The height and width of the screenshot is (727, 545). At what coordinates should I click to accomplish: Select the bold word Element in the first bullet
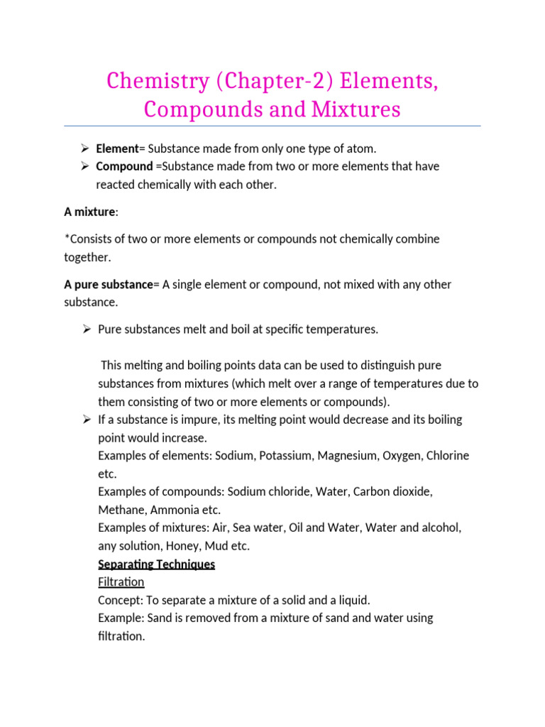117,148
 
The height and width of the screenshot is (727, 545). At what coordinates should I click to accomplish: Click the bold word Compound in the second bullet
124,166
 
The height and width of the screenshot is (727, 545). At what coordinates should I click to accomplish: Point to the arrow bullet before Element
84,148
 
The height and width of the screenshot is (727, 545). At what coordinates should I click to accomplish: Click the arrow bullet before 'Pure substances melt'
84,329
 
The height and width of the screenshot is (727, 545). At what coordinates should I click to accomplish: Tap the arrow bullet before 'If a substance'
84,420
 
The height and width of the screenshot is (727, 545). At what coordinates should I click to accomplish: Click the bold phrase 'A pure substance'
109,284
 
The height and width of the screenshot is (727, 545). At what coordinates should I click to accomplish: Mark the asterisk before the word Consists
66,238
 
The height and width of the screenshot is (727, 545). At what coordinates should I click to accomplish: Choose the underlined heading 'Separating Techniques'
156,564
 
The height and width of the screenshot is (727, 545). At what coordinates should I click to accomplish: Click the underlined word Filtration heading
121,582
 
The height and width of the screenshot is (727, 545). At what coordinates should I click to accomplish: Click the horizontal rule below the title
272,126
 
